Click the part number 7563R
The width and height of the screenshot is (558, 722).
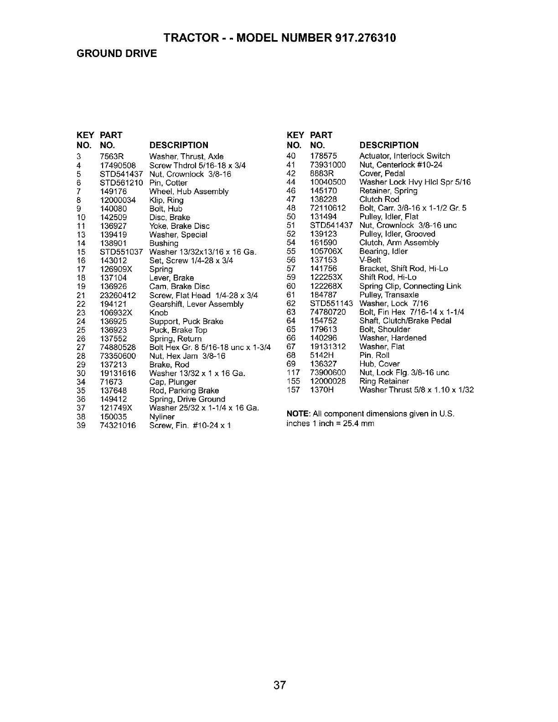pyautogui.click(x=109, y=157)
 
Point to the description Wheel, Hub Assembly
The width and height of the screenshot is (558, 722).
pyautogui.click(x=189, y=191)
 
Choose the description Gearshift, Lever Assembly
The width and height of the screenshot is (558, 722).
pyautogui.click(x=196, y=304)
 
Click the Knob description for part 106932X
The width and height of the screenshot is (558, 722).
pyautogui.click(x=159, y=313)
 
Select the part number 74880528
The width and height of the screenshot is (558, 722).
pyautogui.click(x=118, y=347)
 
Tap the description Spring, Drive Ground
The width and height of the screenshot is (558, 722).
pyautogui.click(x=187, y=399)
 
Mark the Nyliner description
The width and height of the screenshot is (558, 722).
pyautogui.click(x=162, y=417)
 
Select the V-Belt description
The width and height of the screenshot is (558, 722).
pyautogui.click(x=370, y=260)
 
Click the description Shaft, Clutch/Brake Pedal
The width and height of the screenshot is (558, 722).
pyautogui.click(x=405, y=321)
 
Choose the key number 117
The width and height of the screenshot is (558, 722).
pyautogui.click(x=293, y=372)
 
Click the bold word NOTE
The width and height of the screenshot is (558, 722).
pyautogui.click(x=297, y=414)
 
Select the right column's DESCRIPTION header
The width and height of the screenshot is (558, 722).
pyautogui.click(x=389, y=145)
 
